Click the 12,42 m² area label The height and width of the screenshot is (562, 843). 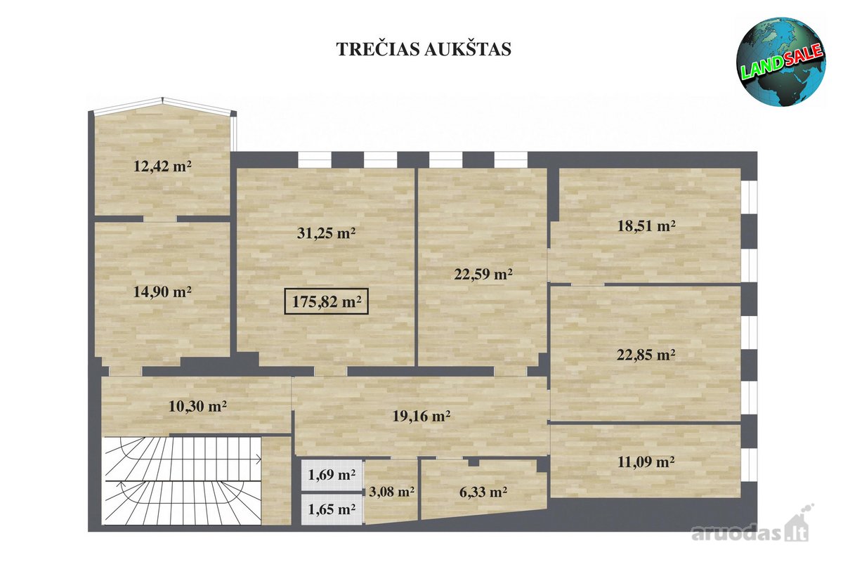[162, 166]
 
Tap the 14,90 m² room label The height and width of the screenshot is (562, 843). [162, 292]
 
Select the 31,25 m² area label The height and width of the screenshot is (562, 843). [326, 233]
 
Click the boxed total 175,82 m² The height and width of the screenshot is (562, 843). [326, 301]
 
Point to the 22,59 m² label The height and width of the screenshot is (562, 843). [483, 274]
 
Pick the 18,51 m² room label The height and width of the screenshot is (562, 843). [646, 226]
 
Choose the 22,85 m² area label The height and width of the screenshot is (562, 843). [646, 355]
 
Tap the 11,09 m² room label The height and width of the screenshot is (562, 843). [646, 462]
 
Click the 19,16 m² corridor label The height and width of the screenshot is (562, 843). [421, 416]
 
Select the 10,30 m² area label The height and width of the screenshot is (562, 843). [197, 406]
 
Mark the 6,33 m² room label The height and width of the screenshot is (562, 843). [483, 492]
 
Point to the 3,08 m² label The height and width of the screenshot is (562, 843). [391, 492]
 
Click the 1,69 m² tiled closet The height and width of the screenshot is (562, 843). [332, 475]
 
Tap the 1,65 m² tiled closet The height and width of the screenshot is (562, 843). [332, 509]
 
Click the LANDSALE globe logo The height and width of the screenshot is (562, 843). [781, 61]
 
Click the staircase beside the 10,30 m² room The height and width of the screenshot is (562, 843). [182, 481]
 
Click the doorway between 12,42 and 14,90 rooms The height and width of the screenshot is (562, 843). [160, 218]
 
